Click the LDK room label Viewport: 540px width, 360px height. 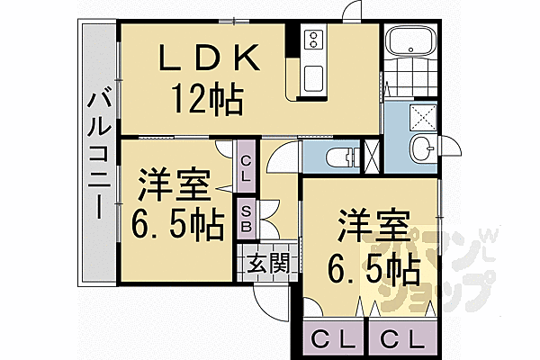pyautogui.click(x=211, y=58)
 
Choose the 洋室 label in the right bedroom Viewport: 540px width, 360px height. pyautogui.click(x=375, y=225)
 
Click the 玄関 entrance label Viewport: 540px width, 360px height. pyautogui.click(x=267, y=264)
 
